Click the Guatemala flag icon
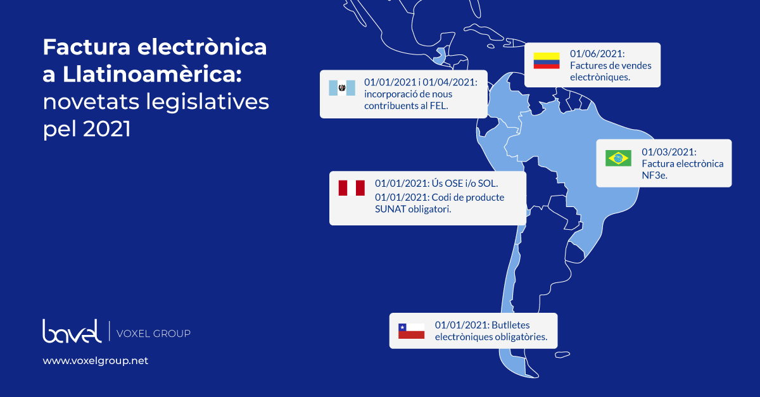point(342,88)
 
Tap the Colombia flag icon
point(546,61)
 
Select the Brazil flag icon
point(618,158)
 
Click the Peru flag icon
point(351,188)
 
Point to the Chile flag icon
point(411,331)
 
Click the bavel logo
point(72,331)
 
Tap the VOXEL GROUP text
point(153,334)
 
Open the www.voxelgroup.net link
point(96,360)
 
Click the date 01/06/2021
point(597,54)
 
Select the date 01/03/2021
point(669,152)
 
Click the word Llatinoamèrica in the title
point(153,74)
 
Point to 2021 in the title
point(107,129)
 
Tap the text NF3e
point(654,175)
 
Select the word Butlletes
point(510,325)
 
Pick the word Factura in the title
point(87,47)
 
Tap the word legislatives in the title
point(207,102)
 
